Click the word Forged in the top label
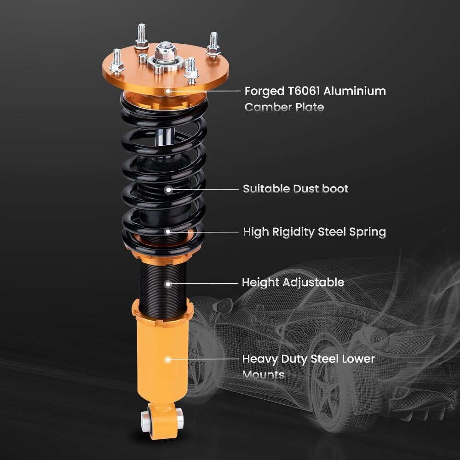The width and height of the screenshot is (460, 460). tap(259, 92)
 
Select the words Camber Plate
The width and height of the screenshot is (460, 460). tap(284, 108)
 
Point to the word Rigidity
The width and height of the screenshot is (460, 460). tap(300, 232)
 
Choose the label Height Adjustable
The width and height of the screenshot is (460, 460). tap(293, 282)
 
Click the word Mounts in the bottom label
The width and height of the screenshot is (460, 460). tap(263, 375)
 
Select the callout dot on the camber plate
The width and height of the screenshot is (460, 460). tap(168, 92)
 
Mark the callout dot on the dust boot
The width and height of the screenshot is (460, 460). tap(168, 189)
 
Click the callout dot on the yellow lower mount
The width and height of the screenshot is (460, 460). tap(168, 359)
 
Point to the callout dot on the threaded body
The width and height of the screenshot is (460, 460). tap(168, 284)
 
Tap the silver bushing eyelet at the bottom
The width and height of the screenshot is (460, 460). tap(147, 417)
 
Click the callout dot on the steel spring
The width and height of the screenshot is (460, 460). tap(168, 232)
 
